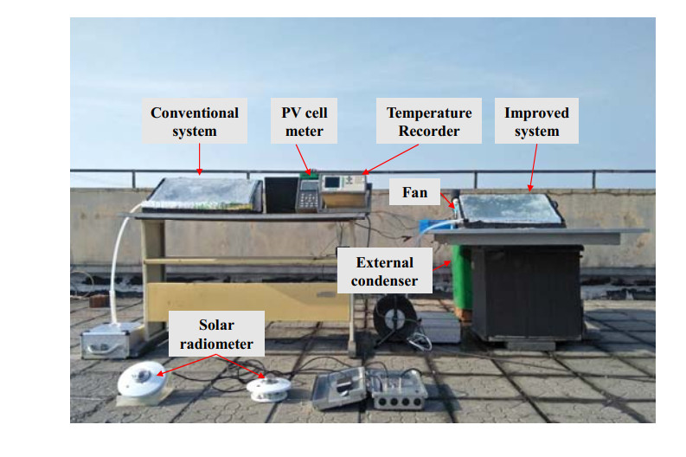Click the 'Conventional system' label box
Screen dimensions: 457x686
click(x=195, y=121)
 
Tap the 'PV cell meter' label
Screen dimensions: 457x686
click(x=305, y=121)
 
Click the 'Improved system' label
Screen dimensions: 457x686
click(x=536, y=121)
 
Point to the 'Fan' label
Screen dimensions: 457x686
click(x=415, y=192)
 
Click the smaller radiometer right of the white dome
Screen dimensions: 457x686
click(x=269, y=387)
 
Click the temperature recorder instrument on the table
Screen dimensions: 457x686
click(x=343, y=190)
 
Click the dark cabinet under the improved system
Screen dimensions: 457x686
click(x=526, y=290)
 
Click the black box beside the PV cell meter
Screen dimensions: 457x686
click(x=279, y=193)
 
